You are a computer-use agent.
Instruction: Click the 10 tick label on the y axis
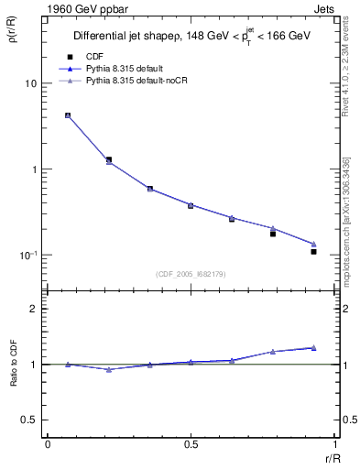coord(30,84)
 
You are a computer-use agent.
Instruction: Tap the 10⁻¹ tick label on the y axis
coord(27,255)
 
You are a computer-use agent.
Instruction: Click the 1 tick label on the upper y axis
coord(33,169)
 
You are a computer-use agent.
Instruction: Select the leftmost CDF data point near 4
coord(68,115)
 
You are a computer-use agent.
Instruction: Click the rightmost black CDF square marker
coord(313,251)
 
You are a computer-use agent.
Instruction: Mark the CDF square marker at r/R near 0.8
coord(272,234)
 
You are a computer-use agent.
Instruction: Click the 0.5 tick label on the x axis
coord(191,444)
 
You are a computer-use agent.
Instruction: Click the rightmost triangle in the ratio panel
coord(313,347)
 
